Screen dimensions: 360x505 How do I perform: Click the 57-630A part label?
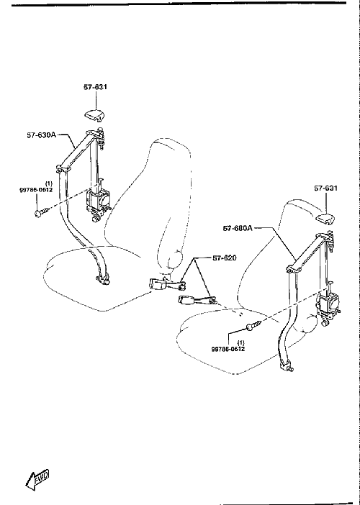[x=41, y=135]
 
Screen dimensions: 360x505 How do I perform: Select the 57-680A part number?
[x=238, y=228]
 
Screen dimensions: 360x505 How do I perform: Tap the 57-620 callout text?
[x=225, y=258]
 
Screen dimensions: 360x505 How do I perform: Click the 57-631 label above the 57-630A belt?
[x=96, y=87]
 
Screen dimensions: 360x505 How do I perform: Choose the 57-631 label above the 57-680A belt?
[x=326, y=188]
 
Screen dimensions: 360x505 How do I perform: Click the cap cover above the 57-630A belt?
[x=96, y=116]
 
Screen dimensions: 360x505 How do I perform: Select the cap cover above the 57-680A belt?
[x=326, y=219]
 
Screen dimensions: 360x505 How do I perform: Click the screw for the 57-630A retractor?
[x=42, y=213]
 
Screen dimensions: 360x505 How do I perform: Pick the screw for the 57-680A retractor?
[x=254, y=326]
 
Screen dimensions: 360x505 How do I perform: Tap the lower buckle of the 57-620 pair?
[x=197, y=301]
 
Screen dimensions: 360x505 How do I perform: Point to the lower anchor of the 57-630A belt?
[x=103, y=278]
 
